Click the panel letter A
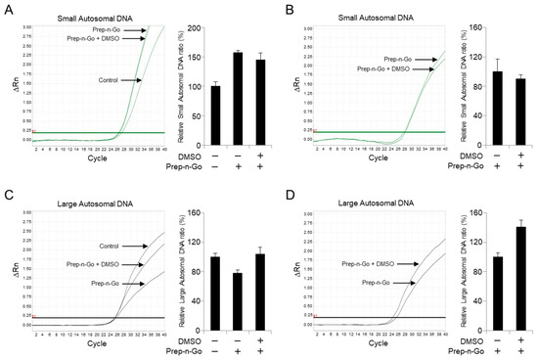pos(8,8)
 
